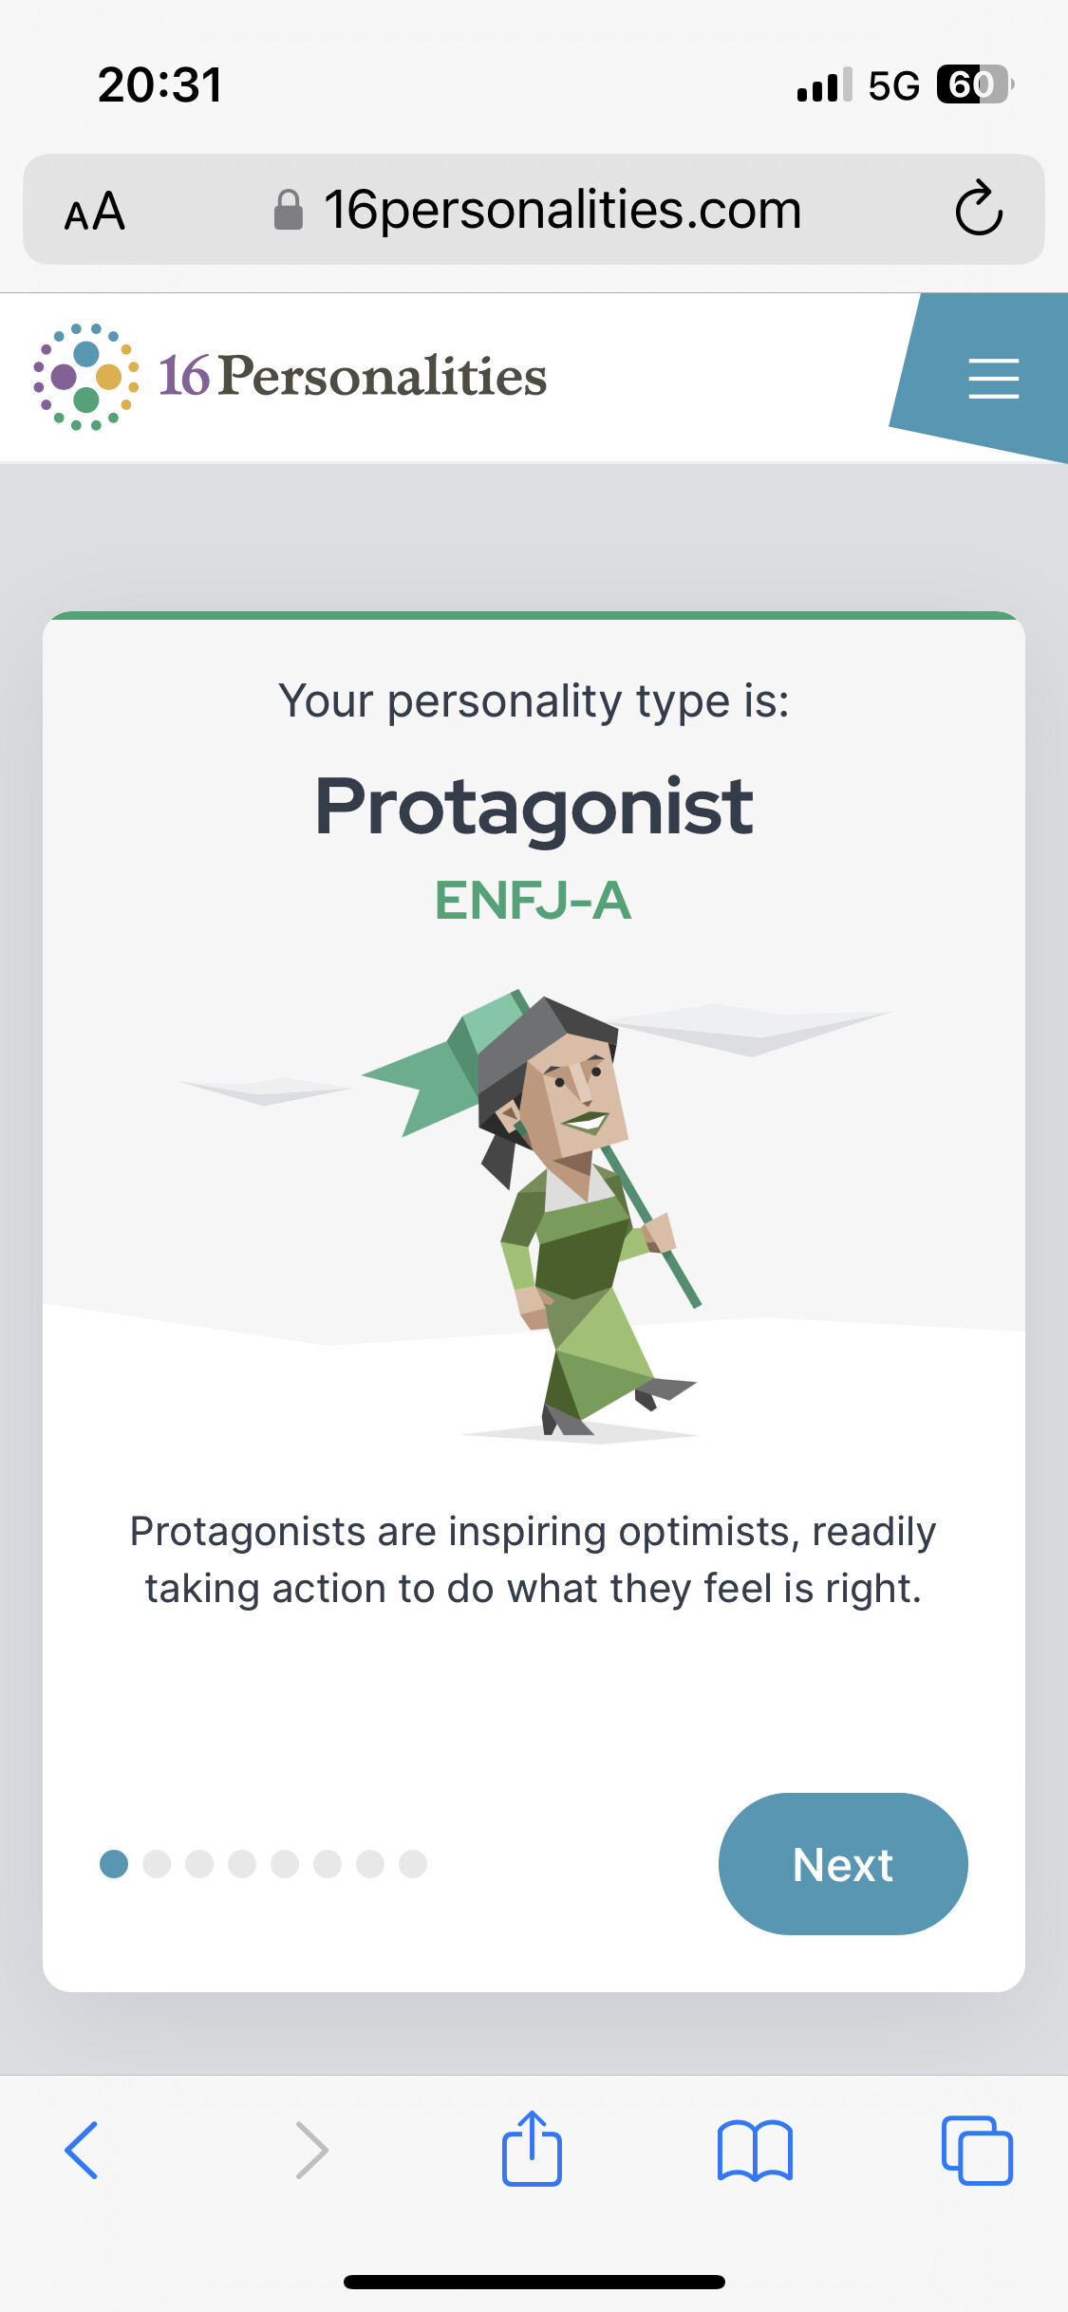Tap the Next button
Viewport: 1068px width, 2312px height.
pyautogui.click(x=843, y=1864)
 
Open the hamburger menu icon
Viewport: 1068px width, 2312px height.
pyautogui.click(x=993, y=378)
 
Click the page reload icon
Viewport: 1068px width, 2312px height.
pyautogui.click(x=979, y=208)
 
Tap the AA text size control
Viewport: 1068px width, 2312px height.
pyautogui.click(x=95, y=211)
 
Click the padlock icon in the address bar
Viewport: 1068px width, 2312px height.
pyautogui.click(x=289, y=210)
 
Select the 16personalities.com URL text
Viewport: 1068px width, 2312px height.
pyautogui.click(x=563, y=210)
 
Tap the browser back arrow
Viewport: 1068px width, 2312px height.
pyautogui.click(x=82, y=2150)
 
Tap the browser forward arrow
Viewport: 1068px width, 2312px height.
pyautogui.click(x=312, y=2150)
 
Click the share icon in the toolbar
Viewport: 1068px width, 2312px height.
pyautogui.click(x=532, y=2148)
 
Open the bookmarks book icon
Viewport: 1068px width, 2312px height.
pyautogui.click(x=755, y=2151)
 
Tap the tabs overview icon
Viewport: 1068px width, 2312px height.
pyautogui.click(x=977, y=2150)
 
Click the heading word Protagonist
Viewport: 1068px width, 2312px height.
pyautogui.click(x=534, y=807)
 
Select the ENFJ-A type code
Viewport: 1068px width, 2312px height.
pyautogui.click(x=534, y=901)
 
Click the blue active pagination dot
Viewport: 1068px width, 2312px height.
pyautogui.click(x=114, y=1864)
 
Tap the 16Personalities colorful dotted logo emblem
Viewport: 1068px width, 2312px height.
pyautogui.click(x=86, y=377)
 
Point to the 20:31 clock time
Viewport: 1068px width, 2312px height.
pyautogui.click(x=159, y=84)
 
